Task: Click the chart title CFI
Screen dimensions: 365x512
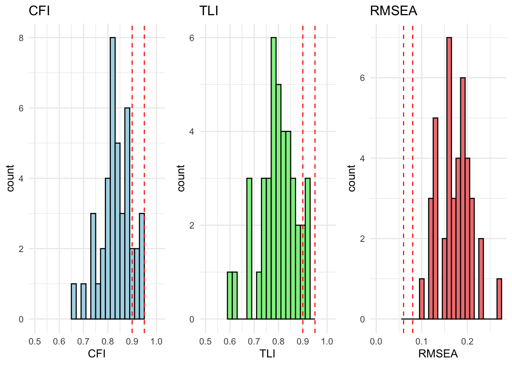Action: coord(39,11)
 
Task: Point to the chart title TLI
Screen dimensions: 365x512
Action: coord(209,11)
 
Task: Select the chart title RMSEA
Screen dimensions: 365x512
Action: coord(394,11)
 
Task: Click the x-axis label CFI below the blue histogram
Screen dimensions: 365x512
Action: coord(97,354)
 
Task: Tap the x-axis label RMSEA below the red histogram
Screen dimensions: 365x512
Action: coord(438,354)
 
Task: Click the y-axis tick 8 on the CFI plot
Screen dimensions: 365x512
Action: coord(21,38)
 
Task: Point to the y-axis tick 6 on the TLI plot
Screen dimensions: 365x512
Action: coord(192,38)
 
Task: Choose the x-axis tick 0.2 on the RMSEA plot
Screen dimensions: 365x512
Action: coord(467,341)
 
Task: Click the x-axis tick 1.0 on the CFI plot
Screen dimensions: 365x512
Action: coord(157,341)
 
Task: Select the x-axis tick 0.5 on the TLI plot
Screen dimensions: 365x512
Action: coord(205,341)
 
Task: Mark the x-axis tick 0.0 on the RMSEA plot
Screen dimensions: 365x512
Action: coord(376,341)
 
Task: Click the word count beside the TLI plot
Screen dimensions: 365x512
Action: coord(181,178)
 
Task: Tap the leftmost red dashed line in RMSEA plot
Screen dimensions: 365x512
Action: coord(403,171)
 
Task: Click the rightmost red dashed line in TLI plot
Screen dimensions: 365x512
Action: coord(315,171)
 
